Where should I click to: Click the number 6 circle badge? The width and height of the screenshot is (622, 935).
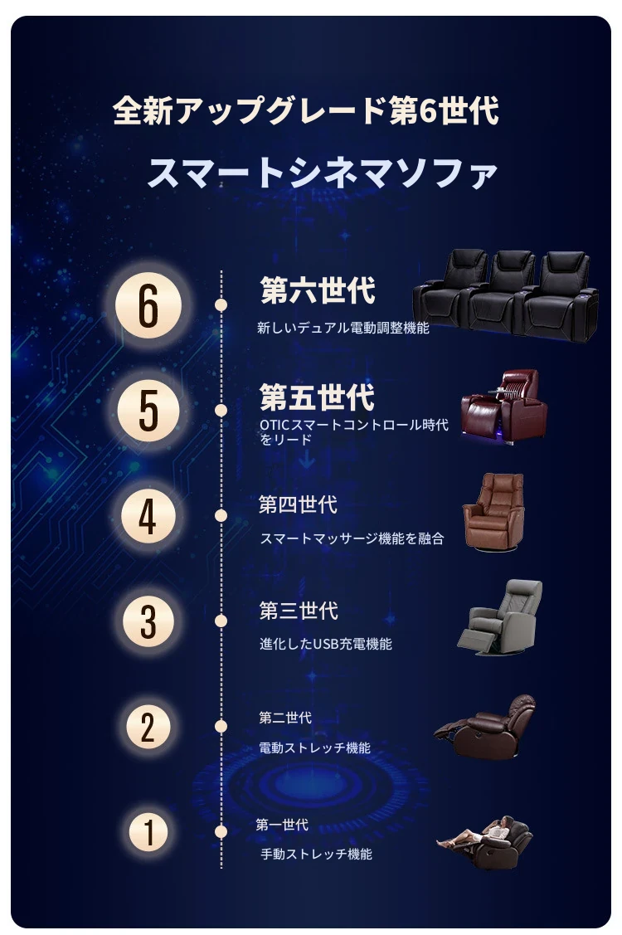[x=148, y=306]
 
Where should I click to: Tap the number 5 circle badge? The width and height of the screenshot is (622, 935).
[x=148, y=411]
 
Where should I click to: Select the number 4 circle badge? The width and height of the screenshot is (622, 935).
[x=148, y=516]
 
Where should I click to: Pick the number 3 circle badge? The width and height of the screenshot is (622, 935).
[x=148, y=621]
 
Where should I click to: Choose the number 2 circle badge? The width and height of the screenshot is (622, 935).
[x=148, y=726]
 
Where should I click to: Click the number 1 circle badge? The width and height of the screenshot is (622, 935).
[x=148, y=832]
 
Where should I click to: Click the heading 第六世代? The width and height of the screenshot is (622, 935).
[x=318, y=291]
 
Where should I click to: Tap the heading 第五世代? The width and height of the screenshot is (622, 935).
[x=318, y=397]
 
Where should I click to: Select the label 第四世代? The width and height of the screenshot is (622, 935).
[x=299, y=504]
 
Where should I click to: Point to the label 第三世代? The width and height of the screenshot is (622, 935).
[x=299, y=611]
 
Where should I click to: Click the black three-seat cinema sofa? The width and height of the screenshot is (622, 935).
[x=505, y=295]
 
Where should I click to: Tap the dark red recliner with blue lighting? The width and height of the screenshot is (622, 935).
[x=504, y=407]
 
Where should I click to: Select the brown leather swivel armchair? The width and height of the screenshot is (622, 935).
[x=493, y=512]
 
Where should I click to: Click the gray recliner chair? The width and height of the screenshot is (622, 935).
[x=500, y=618]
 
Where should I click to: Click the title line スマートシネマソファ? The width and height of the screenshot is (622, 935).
[x=322, y=173]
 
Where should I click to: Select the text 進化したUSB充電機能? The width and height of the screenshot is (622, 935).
[x=326, y=644]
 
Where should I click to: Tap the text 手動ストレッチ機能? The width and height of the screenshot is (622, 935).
[x=316, y=854]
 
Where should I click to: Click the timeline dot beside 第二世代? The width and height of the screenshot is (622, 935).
[x=221, y=726]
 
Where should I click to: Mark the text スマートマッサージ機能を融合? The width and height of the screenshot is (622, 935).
[x=352, y=538]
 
